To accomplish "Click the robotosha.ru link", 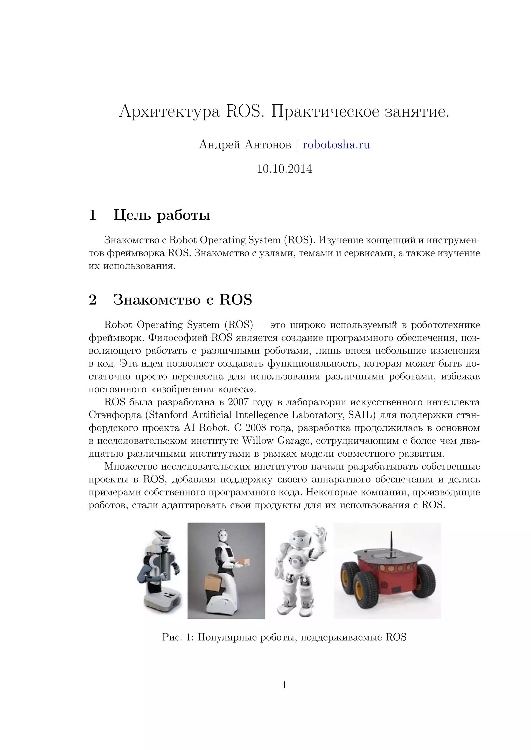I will [336, 145].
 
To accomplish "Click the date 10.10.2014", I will [284, 169].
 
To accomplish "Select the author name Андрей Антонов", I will [245, 145].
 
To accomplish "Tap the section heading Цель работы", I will [162, 215].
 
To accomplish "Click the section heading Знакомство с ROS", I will [183, 300].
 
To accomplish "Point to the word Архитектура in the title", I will [169, 112].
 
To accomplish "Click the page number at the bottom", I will [284, 685].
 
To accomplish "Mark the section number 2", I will [93, 300].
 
